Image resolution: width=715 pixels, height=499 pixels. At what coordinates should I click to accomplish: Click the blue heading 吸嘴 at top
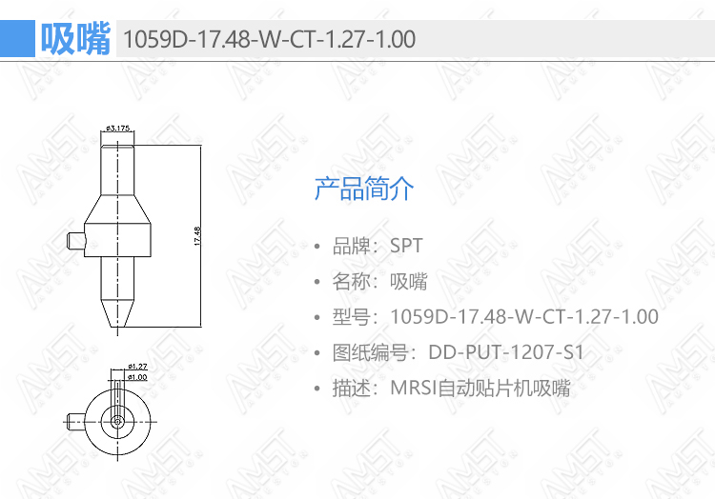75,39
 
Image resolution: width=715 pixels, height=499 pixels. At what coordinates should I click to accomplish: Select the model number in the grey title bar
269,39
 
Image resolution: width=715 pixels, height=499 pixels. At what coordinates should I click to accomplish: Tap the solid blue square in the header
17,39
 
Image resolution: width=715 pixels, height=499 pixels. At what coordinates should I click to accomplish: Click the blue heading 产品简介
364,189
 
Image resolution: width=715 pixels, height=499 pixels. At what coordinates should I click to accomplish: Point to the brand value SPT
406,246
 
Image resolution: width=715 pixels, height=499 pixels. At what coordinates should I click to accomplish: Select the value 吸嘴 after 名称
409,281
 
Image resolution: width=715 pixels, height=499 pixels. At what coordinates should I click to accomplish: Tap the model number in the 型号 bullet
524,317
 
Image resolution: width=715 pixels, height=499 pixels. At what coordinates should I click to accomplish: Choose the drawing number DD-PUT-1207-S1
506,352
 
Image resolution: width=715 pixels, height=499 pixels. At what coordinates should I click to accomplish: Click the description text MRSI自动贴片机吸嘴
480,389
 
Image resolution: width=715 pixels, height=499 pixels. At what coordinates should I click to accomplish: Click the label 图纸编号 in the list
370,352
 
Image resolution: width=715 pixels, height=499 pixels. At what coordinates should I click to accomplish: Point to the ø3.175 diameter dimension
117,128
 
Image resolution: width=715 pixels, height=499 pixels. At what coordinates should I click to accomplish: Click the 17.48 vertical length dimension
197,236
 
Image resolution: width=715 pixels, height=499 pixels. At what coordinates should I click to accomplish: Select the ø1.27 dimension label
137,366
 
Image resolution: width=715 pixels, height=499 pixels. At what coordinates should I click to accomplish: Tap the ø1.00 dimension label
137,377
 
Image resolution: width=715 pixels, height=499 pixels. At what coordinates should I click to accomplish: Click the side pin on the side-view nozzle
75,240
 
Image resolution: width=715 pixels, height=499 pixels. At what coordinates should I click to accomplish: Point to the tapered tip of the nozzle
117,313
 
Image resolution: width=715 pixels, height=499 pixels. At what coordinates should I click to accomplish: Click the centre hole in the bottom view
117,422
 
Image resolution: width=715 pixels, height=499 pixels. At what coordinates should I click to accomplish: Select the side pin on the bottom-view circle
76,422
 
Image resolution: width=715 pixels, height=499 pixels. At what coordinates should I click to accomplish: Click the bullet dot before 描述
317,389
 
